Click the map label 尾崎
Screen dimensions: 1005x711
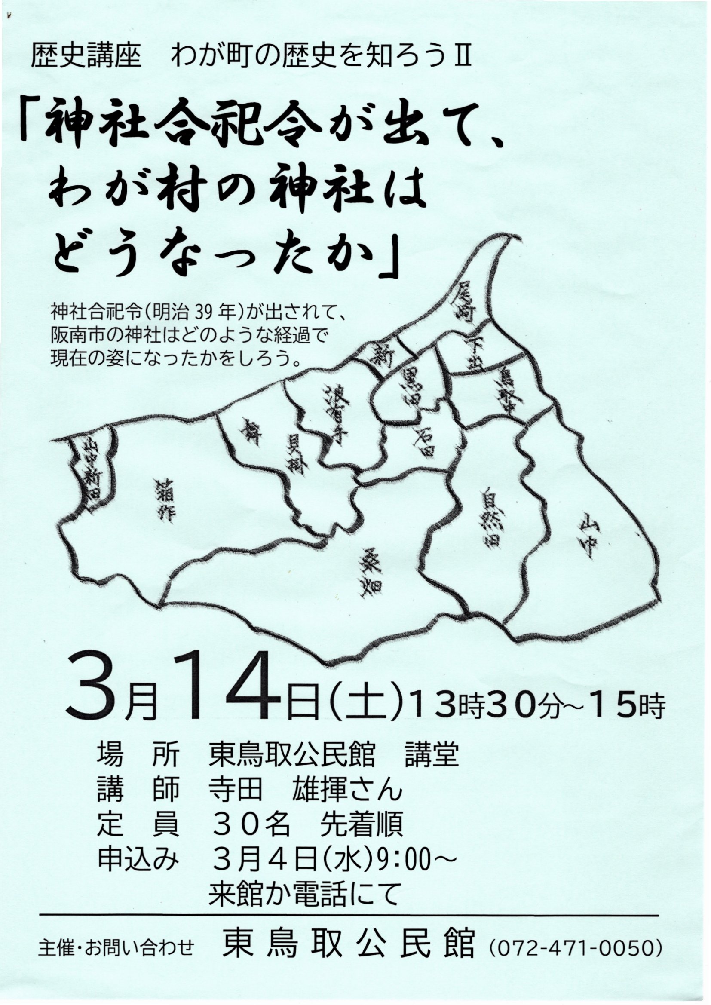pyautogui.click(x=466, y=303)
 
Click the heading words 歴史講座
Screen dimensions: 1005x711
pyautogui.click(x=86, y=58)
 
